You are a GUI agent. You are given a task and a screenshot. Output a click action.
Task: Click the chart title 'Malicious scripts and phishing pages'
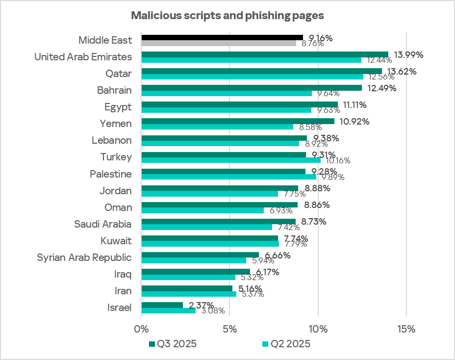(x=227, y=16)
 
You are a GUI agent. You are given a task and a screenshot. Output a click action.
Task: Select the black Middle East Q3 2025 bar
(x=222, y=37)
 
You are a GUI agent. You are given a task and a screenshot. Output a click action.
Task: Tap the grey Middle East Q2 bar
(x=219, y=43)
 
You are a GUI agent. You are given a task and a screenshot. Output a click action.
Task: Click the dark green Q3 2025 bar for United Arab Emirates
(x=265, y=54)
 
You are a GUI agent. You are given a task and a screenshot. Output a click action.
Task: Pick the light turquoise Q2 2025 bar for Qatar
(x=252, y=77)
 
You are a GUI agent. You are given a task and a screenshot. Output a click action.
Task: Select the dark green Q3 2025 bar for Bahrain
(x=252, y=88)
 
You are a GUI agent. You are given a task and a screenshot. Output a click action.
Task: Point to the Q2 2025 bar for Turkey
(x=230, y=160)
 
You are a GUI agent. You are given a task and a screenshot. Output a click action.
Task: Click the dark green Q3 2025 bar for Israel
(x=162, y=305)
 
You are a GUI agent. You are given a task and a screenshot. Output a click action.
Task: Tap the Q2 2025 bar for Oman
(x=202, y=210)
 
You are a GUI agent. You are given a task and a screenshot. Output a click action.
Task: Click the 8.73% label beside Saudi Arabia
(x=313, y=222)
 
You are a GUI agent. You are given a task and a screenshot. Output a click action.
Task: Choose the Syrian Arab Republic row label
(x=84, y=257)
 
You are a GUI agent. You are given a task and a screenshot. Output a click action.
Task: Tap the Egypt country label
(x=118, y=107)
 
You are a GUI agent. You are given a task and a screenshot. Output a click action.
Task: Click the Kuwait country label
(x=116, y=241)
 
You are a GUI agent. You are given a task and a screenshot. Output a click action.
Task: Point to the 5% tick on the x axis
(x=229, y=329)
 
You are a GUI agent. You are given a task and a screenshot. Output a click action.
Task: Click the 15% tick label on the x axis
(x=405, y=329)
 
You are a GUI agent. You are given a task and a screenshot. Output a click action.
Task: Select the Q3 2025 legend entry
(x=172, y=344)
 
